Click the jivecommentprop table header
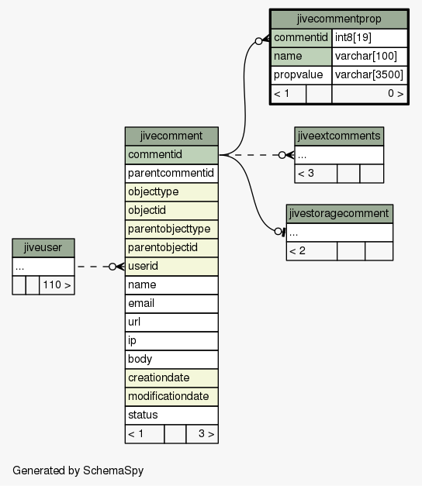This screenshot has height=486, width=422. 339,19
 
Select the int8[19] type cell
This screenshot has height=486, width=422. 369,38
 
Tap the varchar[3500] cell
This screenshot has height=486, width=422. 369,75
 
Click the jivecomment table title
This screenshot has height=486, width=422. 171,136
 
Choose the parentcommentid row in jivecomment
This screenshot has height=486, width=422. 171,174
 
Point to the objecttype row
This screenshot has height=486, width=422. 171,192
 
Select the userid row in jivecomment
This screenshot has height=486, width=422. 171,266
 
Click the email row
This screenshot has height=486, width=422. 171,303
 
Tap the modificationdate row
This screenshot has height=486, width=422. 171,396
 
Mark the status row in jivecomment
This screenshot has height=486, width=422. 171,415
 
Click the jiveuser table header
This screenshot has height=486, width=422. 43,247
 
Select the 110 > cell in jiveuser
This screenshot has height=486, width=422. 57,285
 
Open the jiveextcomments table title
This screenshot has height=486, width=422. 339,136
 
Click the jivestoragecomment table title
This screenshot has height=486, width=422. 340,214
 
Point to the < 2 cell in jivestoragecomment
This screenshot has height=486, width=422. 312,251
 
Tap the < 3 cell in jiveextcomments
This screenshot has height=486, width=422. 316,174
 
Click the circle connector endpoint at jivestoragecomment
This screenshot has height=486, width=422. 278,231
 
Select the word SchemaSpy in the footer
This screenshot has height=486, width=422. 113,470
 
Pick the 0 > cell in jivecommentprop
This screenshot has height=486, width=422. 369,94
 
